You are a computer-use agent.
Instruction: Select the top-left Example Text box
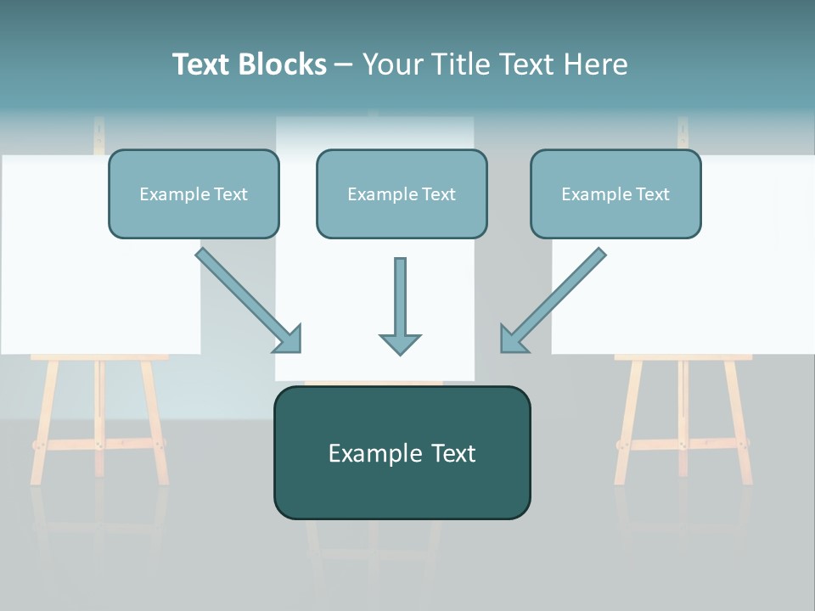coord(194,194)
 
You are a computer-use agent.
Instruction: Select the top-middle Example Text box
coord(402,194)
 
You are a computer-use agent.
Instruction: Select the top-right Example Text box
coord(615,194)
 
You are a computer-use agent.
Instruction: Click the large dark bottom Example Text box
coord(402,453)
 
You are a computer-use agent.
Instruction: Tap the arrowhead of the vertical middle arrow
coord(400,344)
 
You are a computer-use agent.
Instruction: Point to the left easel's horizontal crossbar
coord(98,444)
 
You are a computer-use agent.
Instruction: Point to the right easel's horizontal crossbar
coord(683,444)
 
